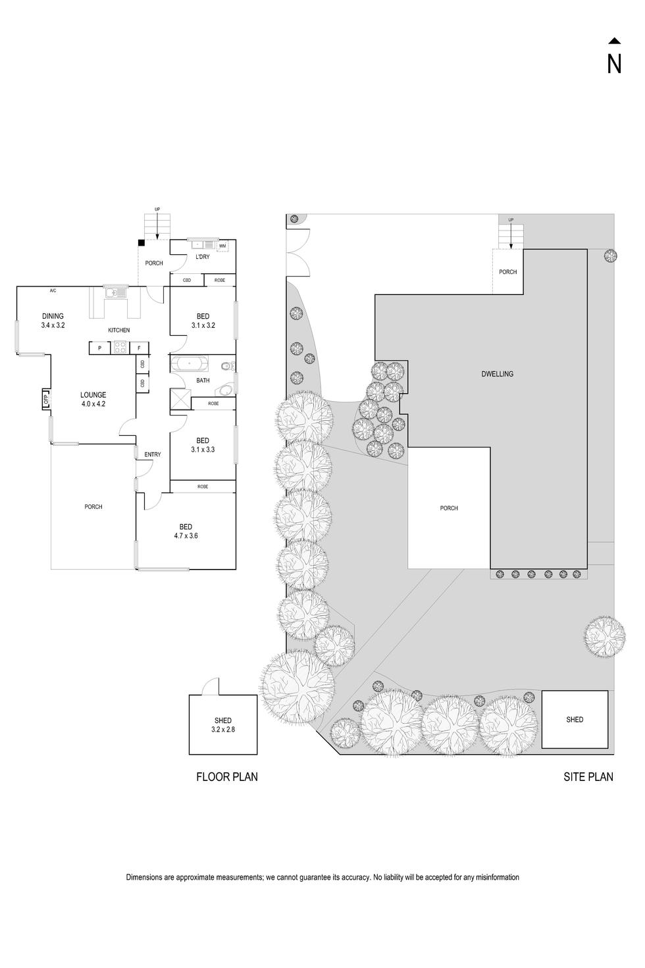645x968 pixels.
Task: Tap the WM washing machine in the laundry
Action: pos(222,246)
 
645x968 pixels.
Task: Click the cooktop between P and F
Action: pos(120,348)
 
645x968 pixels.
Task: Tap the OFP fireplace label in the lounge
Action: pos(46,399)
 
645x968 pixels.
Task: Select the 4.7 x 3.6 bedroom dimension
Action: pos(186,536)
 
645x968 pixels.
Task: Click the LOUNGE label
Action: pos(93,395)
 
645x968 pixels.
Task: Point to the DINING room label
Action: pos(53,316)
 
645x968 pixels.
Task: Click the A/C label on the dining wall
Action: pos(53,290)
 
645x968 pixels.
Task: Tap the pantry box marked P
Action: pos(99,348)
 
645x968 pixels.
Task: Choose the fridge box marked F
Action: pos(139,348)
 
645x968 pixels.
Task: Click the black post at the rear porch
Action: pos(141,242)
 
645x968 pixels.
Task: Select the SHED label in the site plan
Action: pos(575,720)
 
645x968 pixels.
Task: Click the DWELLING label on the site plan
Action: pos(497,374)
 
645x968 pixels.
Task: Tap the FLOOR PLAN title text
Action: pos(226,777)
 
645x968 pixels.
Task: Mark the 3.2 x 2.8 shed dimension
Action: pos(222,730)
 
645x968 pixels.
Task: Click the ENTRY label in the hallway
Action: pos(153,454)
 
